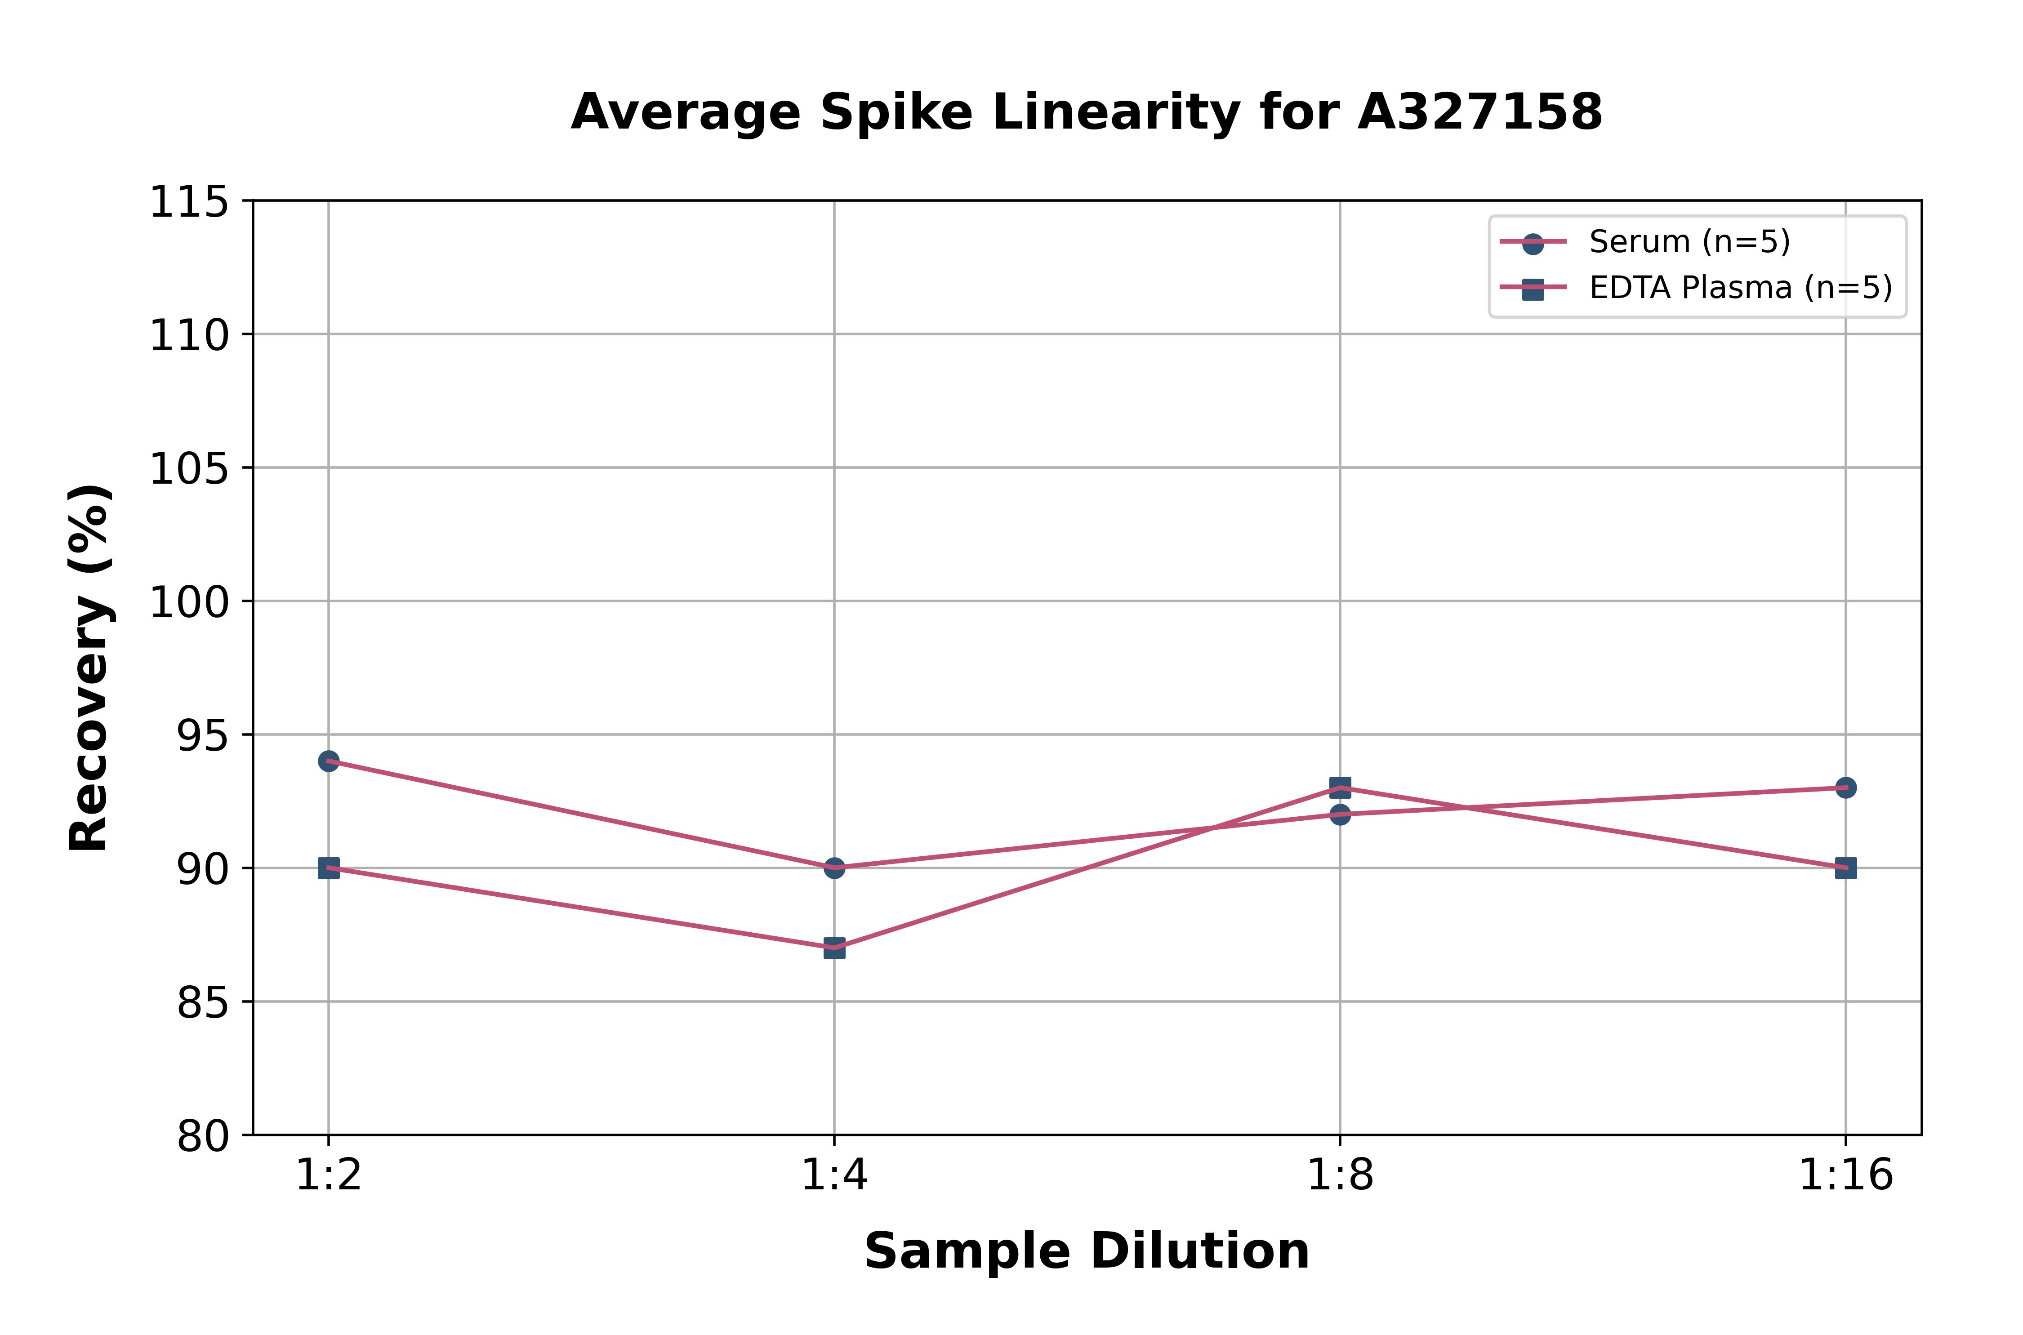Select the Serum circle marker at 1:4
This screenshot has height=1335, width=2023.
[x=834, y=868]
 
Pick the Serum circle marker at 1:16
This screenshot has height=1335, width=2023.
[x=1845, y=788]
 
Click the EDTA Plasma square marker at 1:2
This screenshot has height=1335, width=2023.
[x=329, y=868]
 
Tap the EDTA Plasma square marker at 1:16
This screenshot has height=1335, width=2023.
[x=1845, y=868]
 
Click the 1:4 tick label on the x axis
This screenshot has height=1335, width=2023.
[x=834, y=1176]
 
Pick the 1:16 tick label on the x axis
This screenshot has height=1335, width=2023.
[x=1845, y=1176]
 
